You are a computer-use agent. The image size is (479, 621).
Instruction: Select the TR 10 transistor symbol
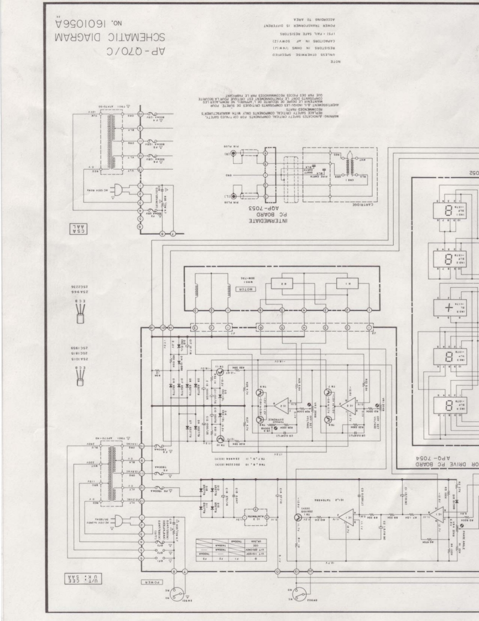point(220,438)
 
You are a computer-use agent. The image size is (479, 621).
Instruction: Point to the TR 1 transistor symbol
point(299,518)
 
